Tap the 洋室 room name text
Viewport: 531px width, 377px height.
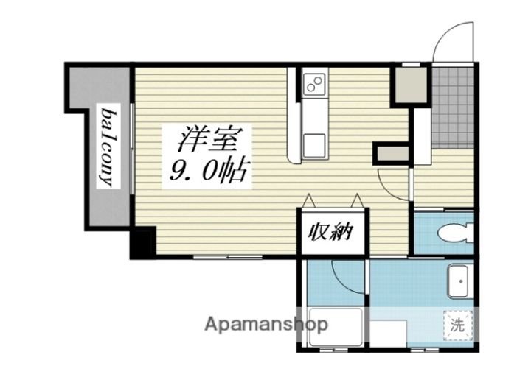(x=206, y=140)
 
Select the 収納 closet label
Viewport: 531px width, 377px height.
(x=330, y=232)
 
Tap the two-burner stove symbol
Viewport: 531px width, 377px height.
(x=315, y=85)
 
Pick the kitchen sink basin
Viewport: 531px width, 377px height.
(x=314, y=145)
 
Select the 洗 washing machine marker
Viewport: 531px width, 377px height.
(x=457, y=325)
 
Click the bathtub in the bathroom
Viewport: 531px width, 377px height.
(x=336, y=327)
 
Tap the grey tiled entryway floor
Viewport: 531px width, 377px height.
(x=452, y=108)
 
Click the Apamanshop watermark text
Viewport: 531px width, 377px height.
(x=266, y=325)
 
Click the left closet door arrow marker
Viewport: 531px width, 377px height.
(x=309, y=200)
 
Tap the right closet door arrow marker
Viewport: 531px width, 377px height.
(x=357, y=200)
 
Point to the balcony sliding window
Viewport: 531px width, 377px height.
(x=132, y=149)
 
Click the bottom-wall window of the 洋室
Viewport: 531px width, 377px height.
(x=228, y=257)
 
